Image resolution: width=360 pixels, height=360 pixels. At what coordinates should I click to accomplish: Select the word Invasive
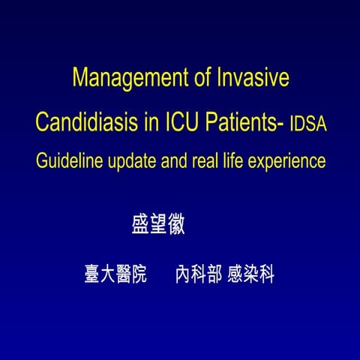coord(252,79)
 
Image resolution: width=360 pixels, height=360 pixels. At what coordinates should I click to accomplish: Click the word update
coord(137,161)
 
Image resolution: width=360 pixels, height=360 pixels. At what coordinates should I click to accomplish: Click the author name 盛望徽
coord(158,226)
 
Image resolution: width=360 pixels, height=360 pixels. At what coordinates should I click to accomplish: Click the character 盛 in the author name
coord(140,226)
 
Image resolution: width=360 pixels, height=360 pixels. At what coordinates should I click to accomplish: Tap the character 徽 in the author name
coord(176,226)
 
